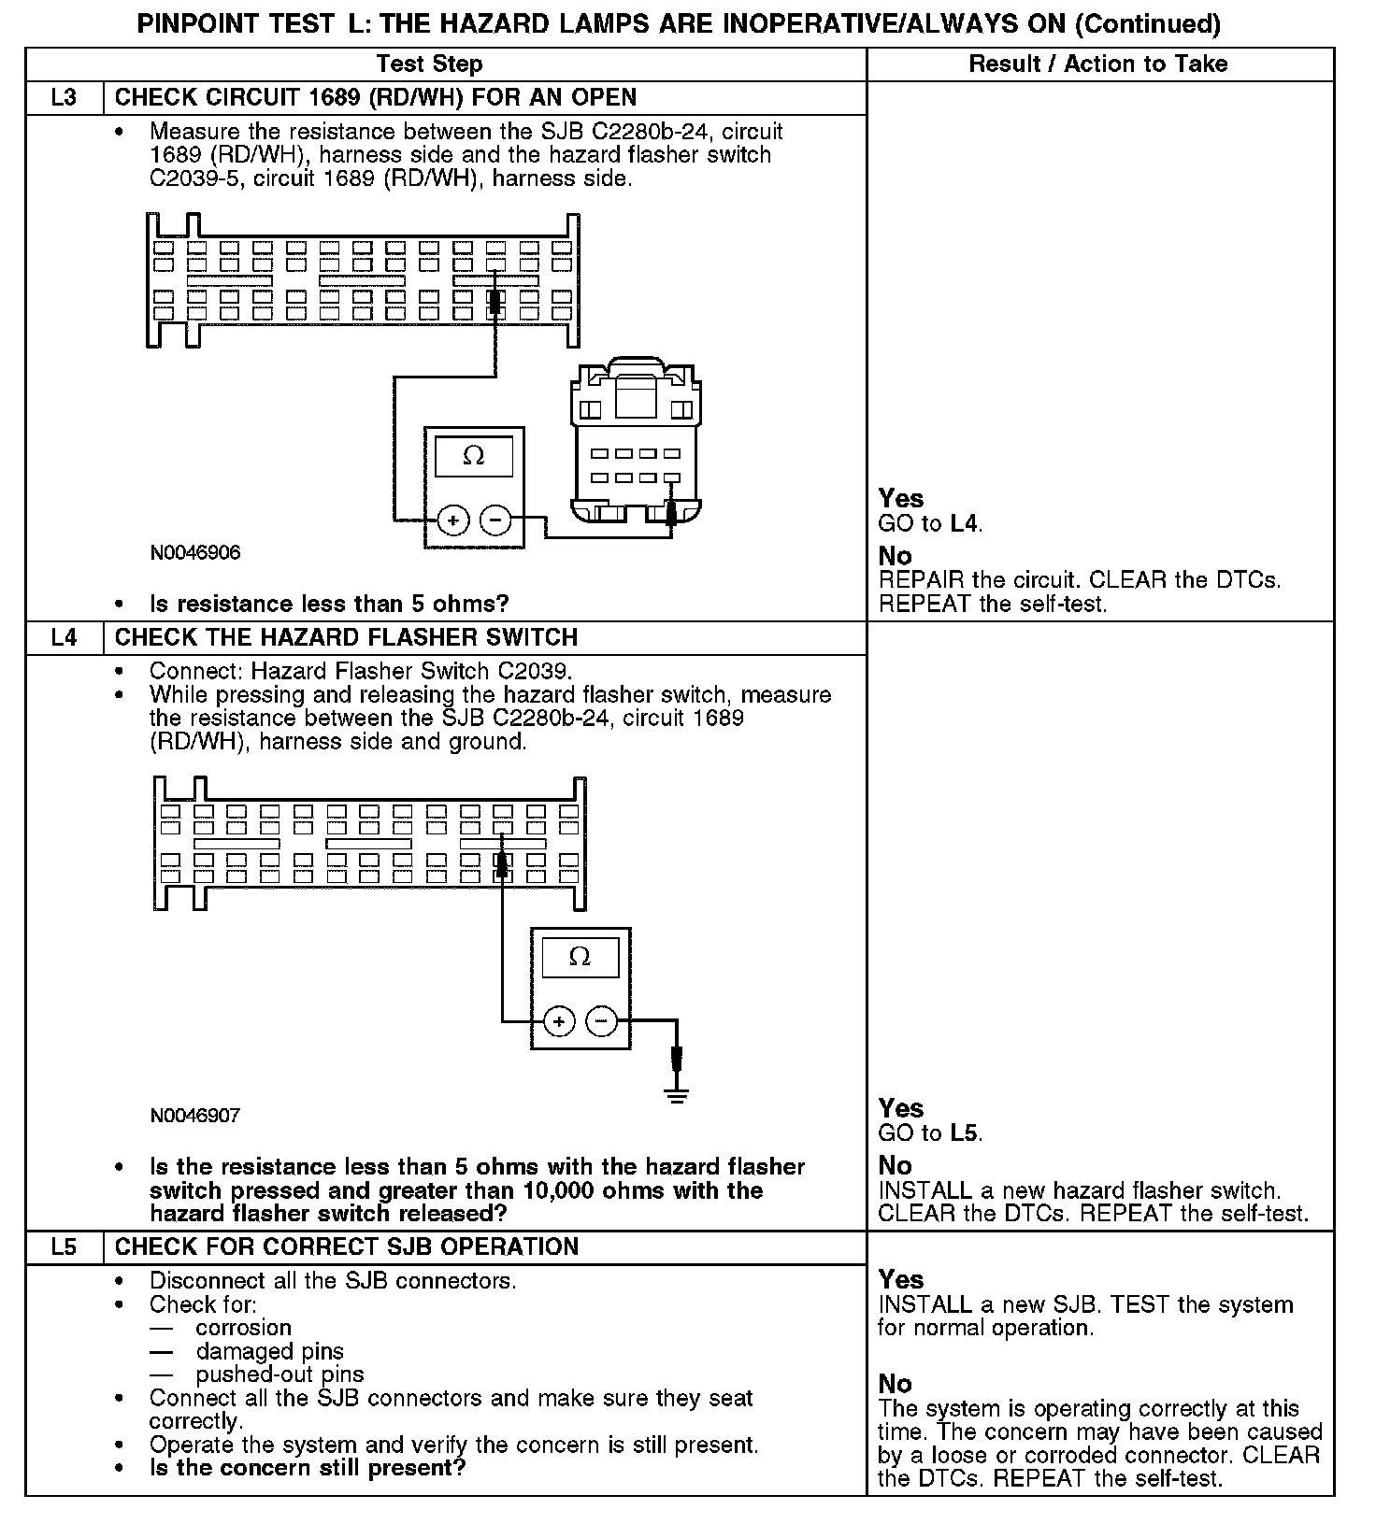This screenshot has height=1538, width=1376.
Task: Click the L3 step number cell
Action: click(x=64, y=98)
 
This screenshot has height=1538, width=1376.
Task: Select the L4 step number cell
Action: click(x=64, y=638)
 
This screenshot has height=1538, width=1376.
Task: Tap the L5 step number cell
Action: click(x=64, y=1247)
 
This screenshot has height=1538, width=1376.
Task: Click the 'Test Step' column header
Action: click(x=429, y=64)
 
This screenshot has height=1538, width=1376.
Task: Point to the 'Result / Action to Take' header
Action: click(x=1098, y=64)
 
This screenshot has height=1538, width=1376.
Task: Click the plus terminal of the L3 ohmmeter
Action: click(x=453, y=520)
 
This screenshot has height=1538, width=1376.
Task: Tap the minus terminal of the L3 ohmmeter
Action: click(x=495, y=520)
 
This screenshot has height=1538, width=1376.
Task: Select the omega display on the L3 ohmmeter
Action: click(x=474, y=457)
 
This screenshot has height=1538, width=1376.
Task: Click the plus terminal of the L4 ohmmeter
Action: click(x=559, y=1022)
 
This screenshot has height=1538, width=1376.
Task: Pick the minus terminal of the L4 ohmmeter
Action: click(x=602, y=1022)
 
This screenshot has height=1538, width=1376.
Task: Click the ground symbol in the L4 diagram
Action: click(x=678, y=1093)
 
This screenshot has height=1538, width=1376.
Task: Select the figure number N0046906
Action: click(x=195, y=552)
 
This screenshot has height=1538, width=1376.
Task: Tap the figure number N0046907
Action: click(x=195, y=1116)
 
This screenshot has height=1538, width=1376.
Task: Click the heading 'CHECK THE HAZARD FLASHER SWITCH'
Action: click(x=346, y=638)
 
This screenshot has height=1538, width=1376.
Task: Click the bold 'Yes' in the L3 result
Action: click(x=901, y=499)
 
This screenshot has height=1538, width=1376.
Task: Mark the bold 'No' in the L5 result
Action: click(x=895, y=1384)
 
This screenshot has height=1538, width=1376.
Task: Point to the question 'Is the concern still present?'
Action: click(x=308, y=1468)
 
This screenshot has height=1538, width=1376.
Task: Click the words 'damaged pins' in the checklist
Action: click(x=269, y=1352)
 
